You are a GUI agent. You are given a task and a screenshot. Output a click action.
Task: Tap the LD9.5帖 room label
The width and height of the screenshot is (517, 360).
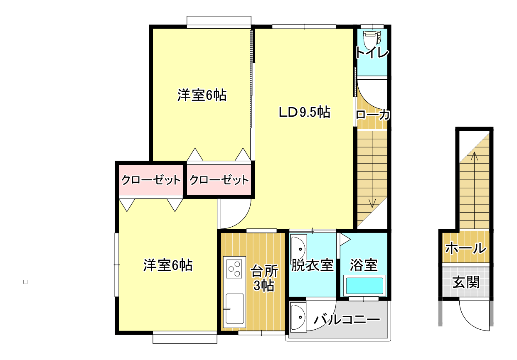tap(305, 112)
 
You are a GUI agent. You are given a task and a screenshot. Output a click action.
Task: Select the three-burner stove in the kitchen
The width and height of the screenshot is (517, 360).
tap(234, 269)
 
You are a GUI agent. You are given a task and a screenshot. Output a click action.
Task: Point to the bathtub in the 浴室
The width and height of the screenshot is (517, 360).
tap(364, 286)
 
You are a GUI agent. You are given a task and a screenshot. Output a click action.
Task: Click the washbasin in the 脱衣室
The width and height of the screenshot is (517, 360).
tap(298, 249)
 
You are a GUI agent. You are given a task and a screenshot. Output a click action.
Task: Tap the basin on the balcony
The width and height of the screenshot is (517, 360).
tap(298, 317)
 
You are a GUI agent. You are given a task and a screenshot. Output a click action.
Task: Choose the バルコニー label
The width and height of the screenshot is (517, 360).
tap(347, 320)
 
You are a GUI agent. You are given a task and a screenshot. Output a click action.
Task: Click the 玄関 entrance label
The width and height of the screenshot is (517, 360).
tap(466, 282)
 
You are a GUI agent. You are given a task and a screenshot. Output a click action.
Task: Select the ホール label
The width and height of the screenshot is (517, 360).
tap(466, 248)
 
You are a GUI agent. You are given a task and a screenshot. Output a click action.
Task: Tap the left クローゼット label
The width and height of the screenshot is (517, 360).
tap(151, 180)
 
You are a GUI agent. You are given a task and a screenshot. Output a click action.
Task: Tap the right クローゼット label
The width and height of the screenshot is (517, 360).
tap(219, 180)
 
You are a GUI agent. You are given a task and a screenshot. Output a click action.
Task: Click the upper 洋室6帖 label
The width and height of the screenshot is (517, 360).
tap(202, 95)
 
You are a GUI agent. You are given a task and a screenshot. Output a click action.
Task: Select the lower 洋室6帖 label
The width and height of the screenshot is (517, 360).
tap(168, 265)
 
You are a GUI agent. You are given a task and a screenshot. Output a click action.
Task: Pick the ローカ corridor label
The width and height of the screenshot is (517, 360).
tap(373, 115)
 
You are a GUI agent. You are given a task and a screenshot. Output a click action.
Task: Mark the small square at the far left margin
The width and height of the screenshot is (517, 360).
tap(25, 282)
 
